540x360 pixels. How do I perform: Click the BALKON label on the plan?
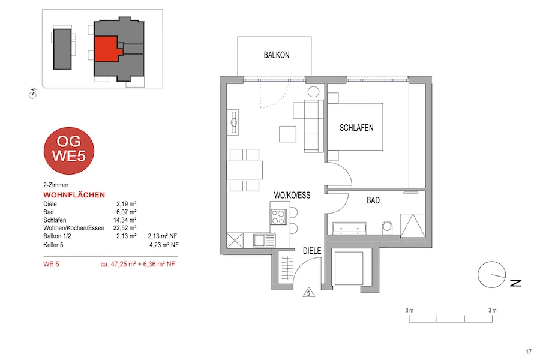(x=277, y=55)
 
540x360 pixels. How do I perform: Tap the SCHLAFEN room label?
(x=356, y=128)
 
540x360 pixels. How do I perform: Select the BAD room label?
(x=373, y=200)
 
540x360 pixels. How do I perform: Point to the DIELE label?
(x=312, y=251)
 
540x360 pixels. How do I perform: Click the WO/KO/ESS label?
(x=292, y=196)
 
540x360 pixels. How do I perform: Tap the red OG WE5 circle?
(x=69, y=151)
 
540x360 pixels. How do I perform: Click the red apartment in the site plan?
(x=107, y=49)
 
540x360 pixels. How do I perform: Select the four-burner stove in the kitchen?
(x=278, y=217)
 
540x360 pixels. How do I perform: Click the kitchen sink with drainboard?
(x=265, y=240)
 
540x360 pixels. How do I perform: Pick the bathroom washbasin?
(x=349, y=229)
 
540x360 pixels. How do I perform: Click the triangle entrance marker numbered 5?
(x=308, y=292)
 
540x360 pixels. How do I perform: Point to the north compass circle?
(x=491, y=275)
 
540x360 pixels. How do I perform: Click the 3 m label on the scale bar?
(x=493, y=310)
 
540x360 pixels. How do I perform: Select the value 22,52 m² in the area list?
(x=125, y=228)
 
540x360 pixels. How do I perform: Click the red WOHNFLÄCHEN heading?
(x=74, y=195)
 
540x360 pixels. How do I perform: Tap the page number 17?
(x=529, y=352)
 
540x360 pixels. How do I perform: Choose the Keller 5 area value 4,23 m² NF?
(x=164, y=245)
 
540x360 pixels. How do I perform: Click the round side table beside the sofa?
(x=313, y=92)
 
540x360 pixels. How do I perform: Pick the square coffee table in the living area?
(x=287, y=134)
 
